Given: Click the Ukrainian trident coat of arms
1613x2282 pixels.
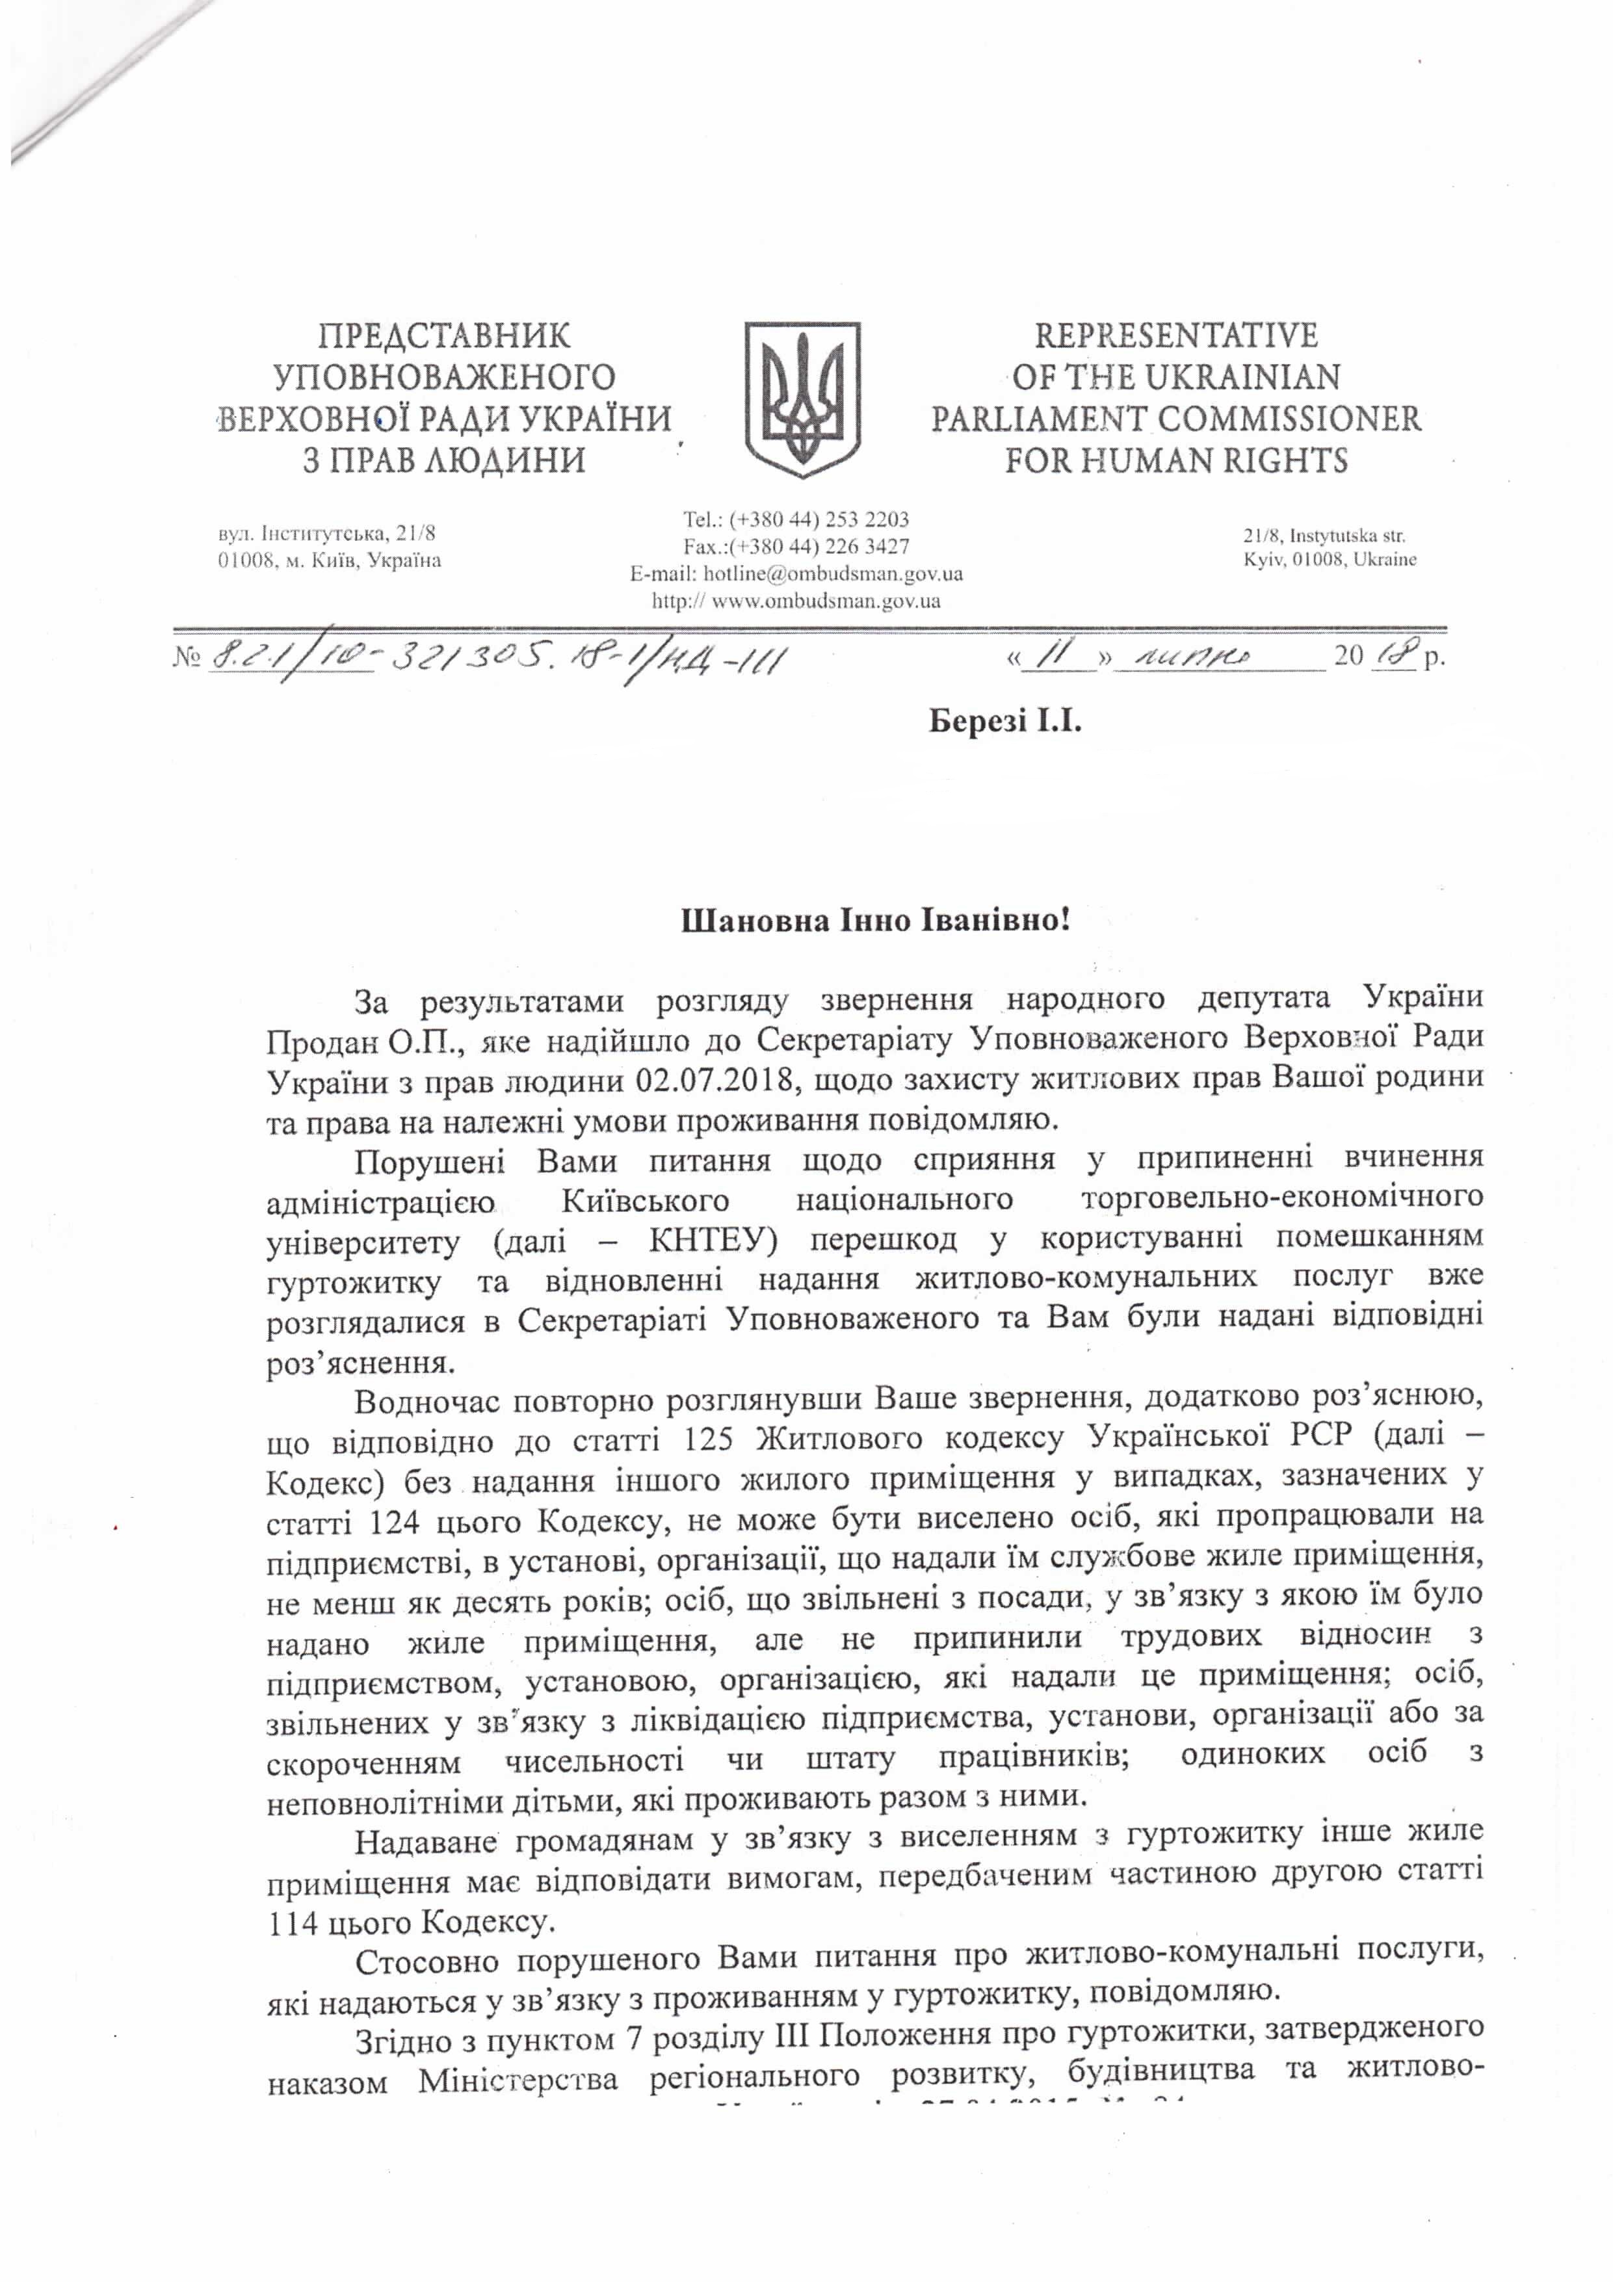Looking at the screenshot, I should coord(802,397).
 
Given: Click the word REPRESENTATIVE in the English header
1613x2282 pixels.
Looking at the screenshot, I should coord(1175,336).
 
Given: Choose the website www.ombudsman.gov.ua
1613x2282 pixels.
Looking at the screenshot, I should coord(826,600).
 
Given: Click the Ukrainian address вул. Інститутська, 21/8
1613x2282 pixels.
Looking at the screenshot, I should coord(326,534).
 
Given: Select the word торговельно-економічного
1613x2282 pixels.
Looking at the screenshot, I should coord(1281,1200).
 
